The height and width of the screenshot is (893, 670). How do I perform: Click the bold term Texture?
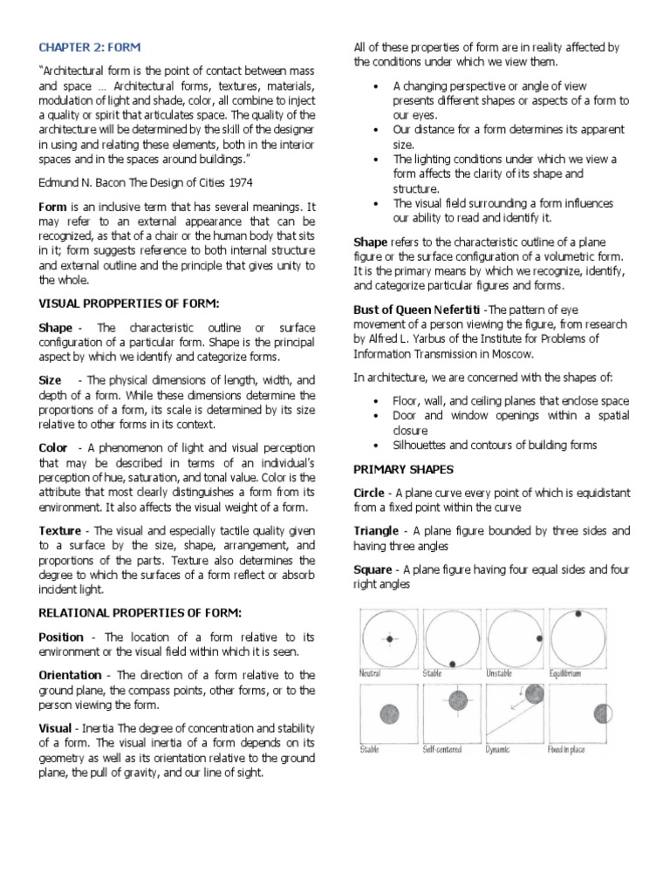59,531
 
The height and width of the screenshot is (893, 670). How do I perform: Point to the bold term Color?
53,448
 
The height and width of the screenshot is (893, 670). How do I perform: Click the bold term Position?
61,637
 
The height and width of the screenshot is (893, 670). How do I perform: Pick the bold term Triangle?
375,531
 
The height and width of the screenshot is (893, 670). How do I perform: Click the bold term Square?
372,570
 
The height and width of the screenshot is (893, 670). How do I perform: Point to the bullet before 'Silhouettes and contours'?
374,445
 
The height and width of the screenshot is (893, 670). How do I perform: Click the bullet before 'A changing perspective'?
374,86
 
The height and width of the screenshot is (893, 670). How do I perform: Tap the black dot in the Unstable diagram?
539,639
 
